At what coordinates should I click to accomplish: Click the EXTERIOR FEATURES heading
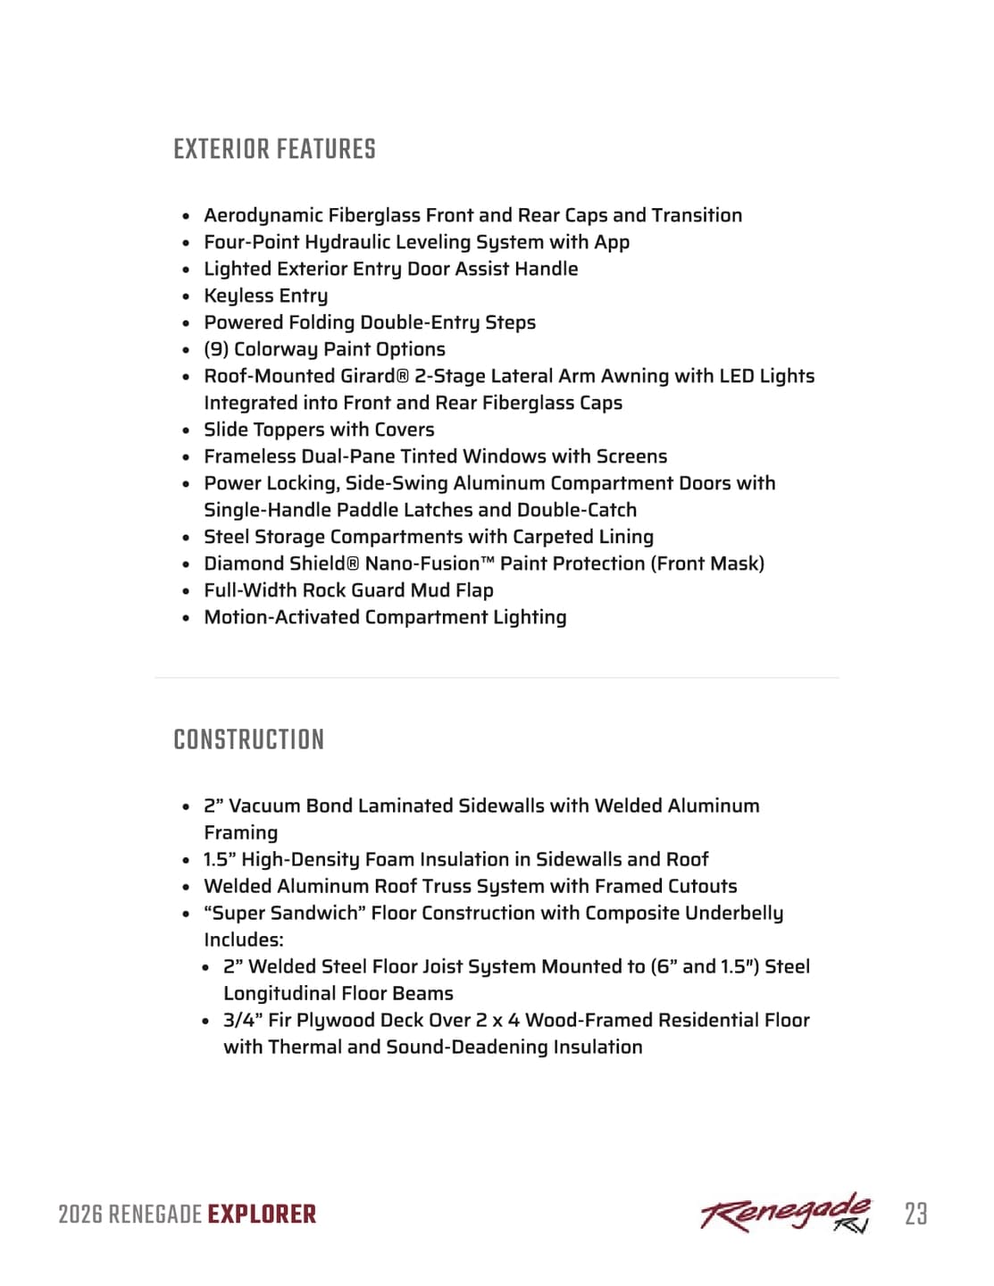tap(274, 149)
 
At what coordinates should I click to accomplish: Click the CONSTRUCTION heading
tap(248, 739)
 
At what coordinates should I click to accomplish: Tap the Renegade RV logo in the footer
tap(785, 1213)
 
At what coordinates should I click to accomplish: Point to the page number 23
tap(915, 1214)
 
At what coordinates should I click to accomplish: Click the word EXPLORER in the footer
tap(262, 1215)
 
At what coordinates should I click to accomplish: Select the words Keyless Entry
tap(265, 296)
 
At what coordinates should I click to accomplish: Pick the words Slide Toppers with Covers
tap(319, 430)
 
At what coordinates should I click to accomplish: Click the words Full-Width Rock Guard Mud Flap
tap(348, 590)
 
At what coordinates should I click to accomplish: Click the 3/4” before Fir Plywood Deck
tap(242, 1020)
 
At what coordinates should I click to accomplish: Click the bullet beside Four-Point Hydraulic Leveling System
tap(186, 243)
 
